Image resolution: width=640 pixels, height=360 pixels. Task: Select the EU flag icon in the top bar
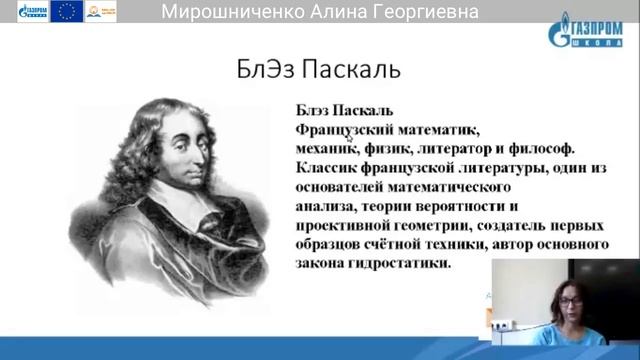click(x=67, y=11)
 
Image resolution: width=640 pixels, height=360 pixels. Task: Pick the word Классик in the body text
click(x=331, y=168)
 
